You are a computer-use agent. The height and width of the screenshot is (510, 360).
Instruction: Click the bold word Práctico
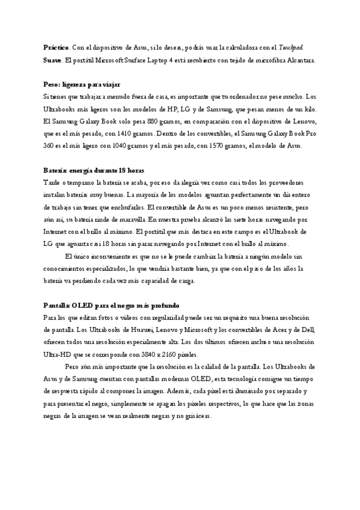(56, 46)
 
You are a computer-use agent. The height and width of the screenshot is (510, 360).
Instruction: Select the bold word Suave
(52, 60)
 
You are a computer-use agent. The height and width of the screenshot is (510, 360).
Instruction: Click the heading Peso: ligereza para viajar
(82, 85)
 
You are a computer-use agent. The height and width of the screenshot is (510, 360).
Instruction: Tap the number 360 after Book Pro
(50, 146)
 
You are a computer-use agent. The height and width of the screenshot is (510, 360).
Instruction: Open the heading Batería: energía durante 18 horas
(94, 170)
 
